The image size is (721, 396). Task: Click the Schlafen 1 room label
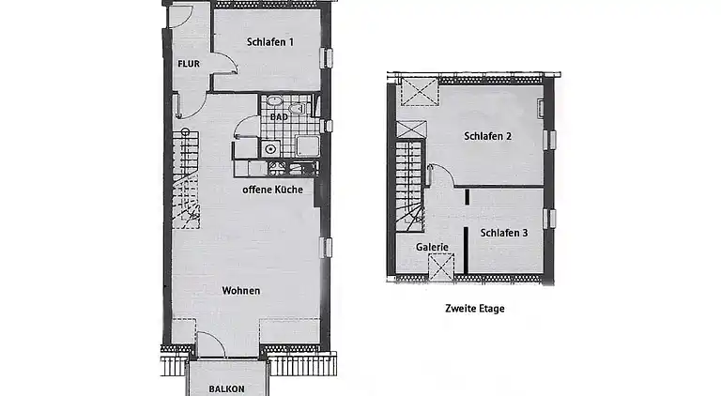[x=270, y=42]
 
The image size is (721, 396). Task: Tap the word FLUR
[x=190, y=64]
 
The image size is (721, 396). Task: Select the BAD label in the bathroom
[x=279, y=117]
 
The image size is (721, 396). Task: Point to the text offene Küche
[x=272, y=190]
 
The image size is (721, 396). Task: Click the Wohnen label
[x=241, y=291]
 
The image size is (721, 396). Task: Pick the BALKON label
[x=226, y=388]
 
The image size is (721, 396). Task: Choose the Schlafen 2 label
[x=487, y=136]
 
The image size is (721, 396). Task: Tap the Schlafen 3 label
[x=504, y=233]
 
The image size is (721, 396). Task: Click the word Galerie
[x=432, y=248]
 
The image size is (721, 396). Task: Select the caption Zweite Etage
[x=474, y=307]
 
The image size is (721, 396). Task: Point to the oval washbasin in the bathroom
[x=275, y=101]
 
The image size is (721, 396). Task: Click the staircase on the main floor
[x=187, y=178]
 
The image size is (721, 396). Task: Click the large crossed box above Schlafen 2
[x=418, y=95]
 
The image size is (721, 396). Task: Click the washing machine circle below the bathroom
[x=270, y=148]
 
